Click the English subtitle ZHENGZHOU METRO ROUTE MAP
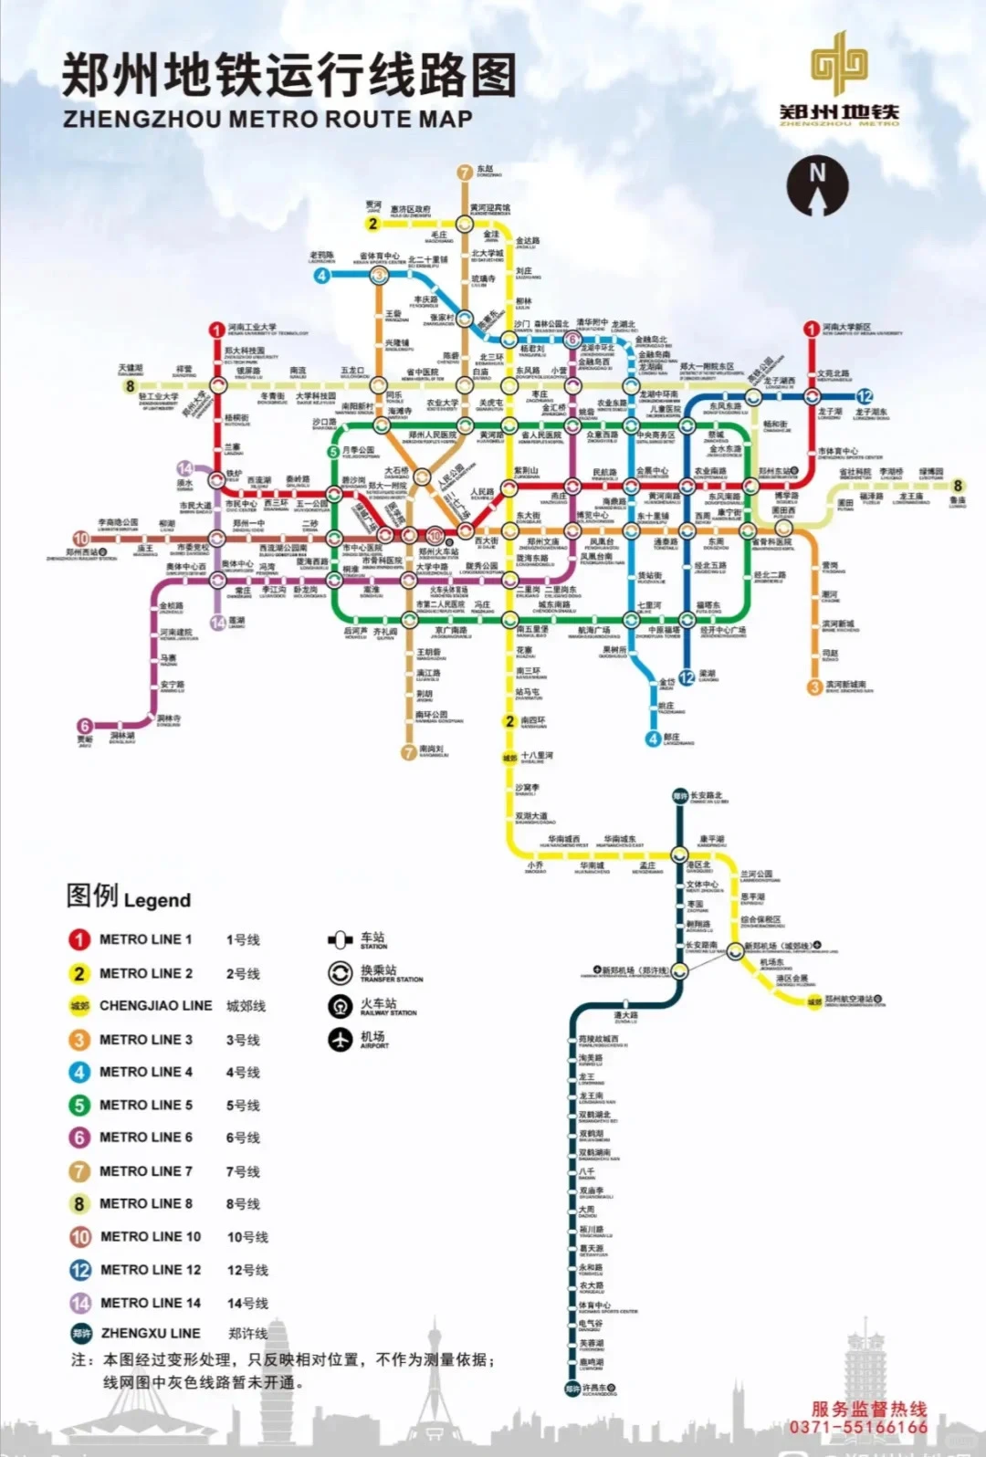[267, 120]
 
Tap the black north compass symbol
[817, 185]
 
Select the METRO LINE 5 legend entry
[145, 1105]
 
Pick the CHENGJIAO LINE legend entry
[155, 1005]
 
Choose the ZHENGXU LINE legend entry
[150, 1333]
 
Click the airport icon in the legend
[341, 1039]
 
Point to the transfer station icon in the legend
[341, 973]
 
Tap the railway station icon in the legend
[341, 1006]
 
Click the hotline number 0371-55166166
[858, 1427]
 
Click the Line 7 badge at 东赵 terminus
[465, 173]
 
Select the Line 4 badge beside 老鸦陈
[321, 275]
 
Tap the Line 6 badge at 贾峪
[85, 727]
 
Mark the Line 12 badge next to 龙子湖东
[864, 396]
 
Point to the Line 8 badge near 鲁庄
[958, 486]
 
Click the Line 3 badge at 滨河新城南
[814, 687]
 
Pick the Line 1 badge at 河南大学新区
[811, 329]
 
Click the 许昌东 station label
[599, 1389]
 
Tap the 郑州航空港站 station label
[855, 1000]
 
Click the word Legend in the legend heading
[157, 900]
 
